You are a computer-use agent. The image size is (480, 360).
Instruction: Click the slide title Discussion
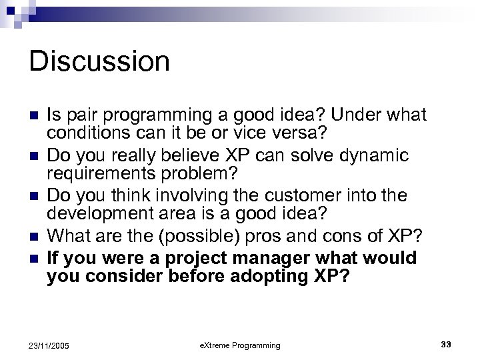point(99,61)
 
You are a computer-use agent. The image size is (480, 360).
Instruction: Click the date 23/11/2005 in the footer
point(50,345)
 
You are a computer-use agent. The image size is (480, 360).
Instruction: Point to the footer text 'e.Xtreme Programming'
point(240,345)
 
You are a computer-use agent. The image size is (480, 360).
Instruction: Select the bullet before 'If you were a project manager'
point(35,258)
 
